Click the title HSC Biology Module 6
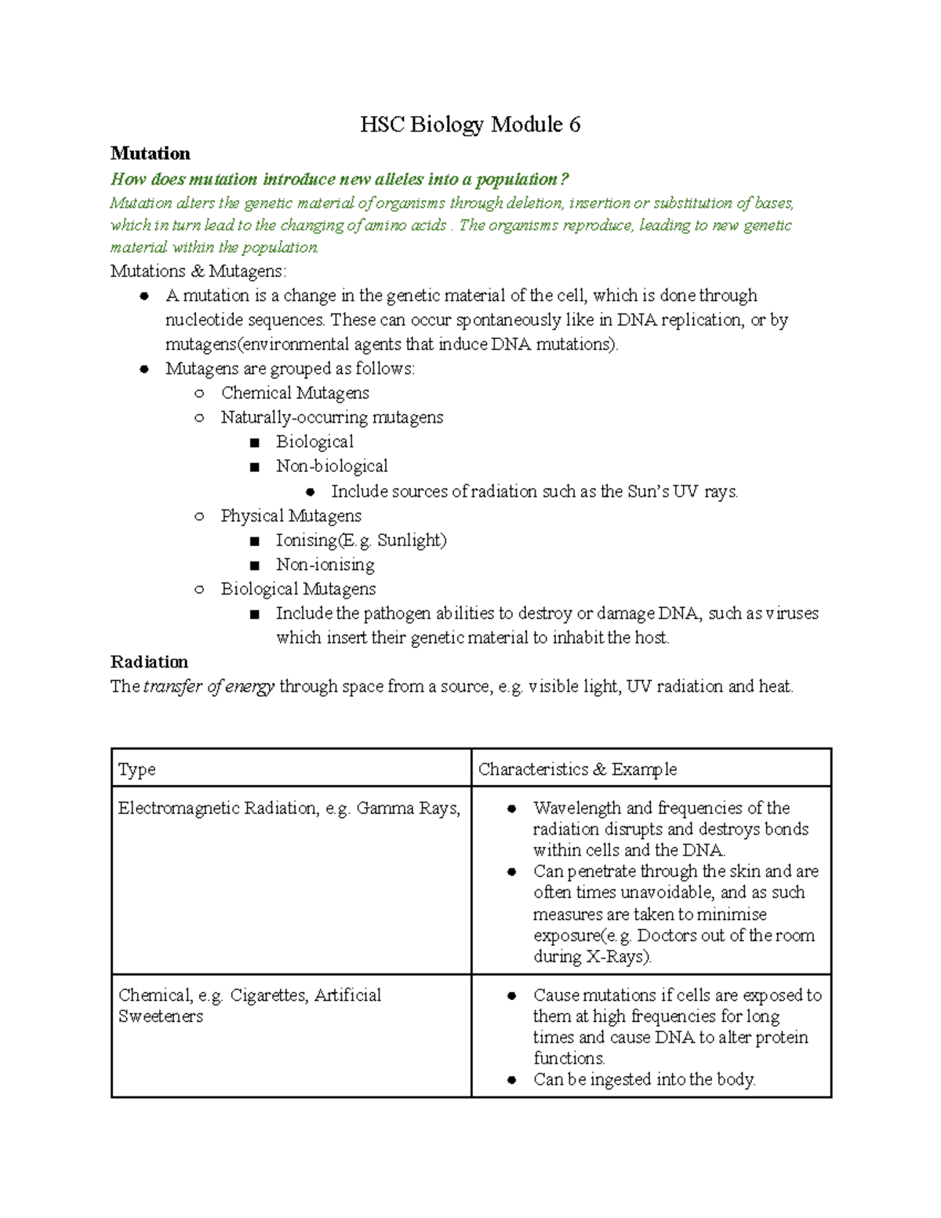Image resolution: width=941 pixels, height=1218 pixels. click(x=470, y=125)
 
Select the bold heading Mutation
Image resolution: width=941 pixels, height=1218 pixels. click(x=150, y=153)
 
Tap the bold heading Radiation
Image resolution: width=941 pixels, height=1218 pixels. click(x=149, y=661)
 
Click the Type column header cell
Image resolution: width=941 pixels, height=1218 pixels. click(x=136, y=769)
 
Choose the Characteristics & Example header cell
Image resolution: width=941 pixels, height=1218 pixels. click(x=577, y=769)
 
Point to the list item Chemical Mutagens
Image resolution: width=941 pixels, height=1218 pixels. click(x=294, y=393)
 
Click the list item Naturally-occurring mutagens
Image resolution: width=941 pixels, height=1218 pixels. click(x=332, y=417)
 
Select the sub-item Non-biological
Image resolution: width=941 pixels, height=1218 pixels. click(x=331, y=466)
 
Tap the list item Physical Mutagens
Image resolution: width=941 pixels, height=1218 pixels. click(x=291, y=515)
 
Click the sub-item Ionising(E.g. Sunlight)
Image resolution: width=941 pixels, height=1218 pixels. click(x=361, y=540)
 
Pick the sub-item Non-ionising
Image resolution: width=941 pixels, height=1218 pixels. click(x=325, y=565)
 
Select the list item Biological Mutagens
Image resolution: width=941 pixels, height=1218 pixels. click(x=298, y=589)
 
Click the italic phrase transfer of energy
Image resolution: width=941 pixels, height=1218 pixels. click(x=209, y=686)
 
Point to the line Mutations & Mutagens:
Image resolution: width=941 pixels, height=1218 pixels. click(x=198, y=271)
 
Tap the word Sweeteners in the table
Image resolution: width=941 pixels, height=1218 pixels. click(x=161, y=1016)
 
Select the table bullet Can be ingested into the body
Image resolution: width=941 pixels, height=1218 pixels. click(x=644, y=1080)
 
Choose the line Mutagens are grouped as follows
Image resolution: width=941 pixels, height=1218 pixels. click(x=290, y=369)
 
